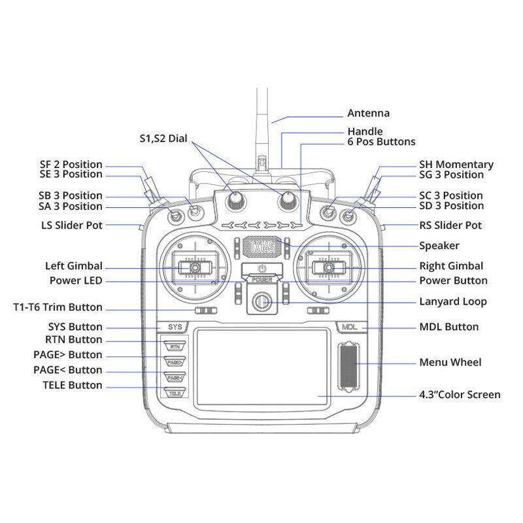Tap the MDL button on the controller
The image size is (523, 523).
pos(349,326)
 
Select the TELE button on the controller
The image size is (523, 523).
pos(175,393)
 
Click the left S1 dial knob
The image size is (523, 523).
pos(235,202)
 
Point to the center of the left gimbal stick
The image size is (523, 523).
pos(195,267)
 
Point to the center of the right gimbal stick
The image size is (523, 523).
pos(328,267)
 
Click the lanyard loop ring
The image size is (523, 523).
pos(261,302)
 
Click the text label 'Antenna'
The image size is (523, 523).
pos(368,112)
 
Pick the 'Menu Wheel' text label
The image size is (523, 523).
pos(450,362)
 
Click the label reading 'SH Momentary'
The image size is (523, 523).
pos(456,165)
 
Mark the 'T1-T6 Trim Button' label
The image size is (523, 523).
pos(58,307)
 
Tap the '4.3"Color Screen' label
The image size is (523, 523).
pos(460,395)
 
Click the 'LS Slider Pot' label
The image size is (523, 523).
pos(71,226)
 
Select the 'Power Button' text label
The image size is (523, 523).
pos(453,280)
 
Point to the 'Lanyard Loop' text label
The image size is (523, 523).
pos(452,302)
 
